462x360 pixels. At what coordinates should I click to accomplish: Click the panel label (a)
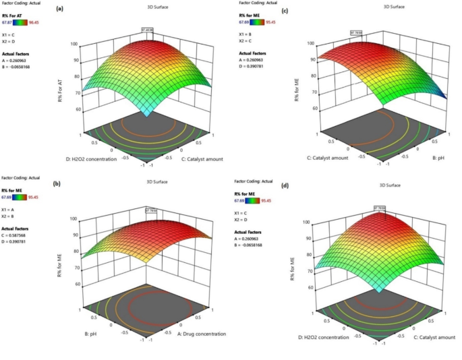coord(60,9)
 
